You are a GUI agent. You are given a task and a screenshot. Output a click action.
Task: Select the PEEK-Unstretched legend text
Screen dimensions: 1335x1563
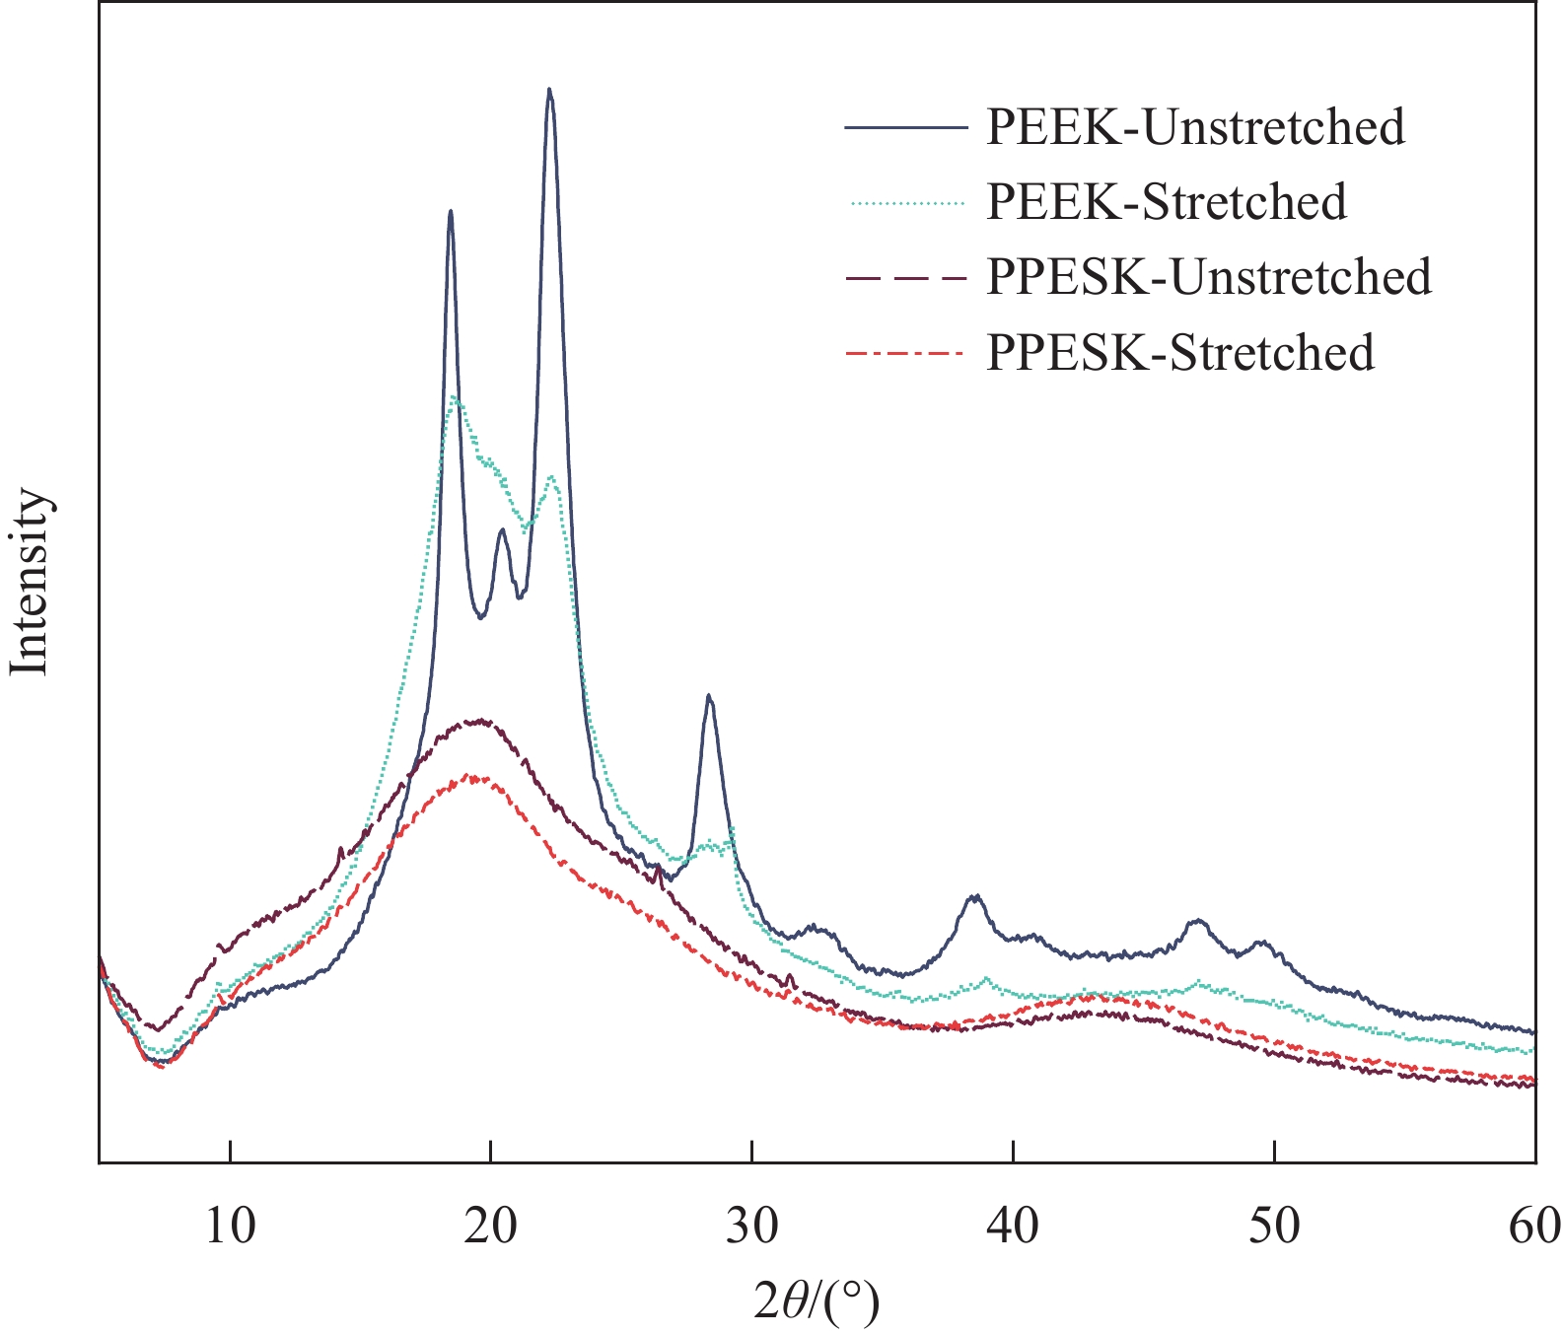point(1195,127)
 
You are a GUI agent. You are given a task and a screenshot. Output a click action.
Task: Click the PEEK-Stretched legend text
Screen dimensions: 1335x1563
point(1167,202)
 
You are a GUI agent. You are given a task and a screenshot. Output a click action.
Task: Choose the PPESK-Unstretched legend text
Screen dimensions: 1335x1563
point(1209,277)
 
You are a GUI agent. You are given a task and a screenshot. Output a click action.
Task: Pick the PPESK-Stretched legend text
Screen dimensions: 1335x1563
point(1180,352)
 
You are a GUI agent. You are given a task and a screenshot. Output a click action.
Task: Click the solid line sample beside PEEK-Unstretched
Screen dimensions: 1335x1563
point(903,127)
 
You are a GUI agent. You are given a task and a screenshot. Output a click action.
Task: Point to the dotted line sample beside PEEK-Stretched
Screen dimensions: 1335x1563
point(903,203)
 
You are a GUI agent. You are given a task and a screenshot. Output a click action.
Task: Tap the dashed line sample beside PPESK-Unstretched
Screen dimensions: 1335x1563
point(903,278)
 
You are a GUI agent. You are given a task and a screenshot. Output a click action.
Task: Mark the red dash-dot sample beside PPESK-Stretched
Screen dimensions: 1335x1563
point(903,353)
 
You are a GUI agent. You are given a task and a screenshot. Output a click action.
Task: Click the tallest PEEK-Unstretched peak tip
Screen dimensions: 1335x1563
point(549,90)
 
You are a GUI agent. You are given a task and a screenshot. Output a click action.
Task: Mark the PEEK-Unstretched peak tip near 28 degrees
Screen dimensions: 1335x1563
point(709,696)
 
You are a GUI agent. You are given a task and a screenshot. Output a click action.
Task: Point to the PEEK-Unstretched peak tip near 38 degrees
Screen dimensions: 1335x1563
point(974,896)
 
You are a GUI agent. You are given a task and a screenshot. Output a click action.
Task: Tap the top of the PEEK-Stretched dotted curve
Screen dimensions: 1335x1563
point(454,397)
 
